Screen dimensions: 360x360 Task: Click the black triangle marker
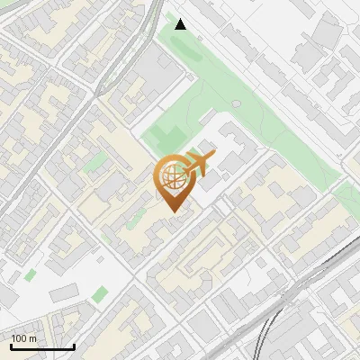pos(181,23)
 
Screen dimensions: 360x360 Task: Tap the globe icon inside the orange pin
pos(171,176)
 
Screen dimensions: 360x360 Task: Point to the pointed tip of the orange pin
pos(172,212)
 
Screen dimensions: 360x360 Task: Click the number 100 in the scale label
pos(19,338)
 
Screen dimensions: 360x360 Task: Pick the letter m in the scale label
pos(32,338)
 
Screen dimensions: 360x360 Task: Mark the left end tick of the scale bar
pos(11,346)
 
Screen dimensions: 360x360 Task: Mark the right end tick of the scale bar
pos(74,346)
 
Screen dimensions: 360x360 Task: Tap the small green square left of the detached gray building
pos(31,274)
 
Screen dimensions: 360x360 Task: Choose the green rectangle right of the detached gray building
pos(99,293)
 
